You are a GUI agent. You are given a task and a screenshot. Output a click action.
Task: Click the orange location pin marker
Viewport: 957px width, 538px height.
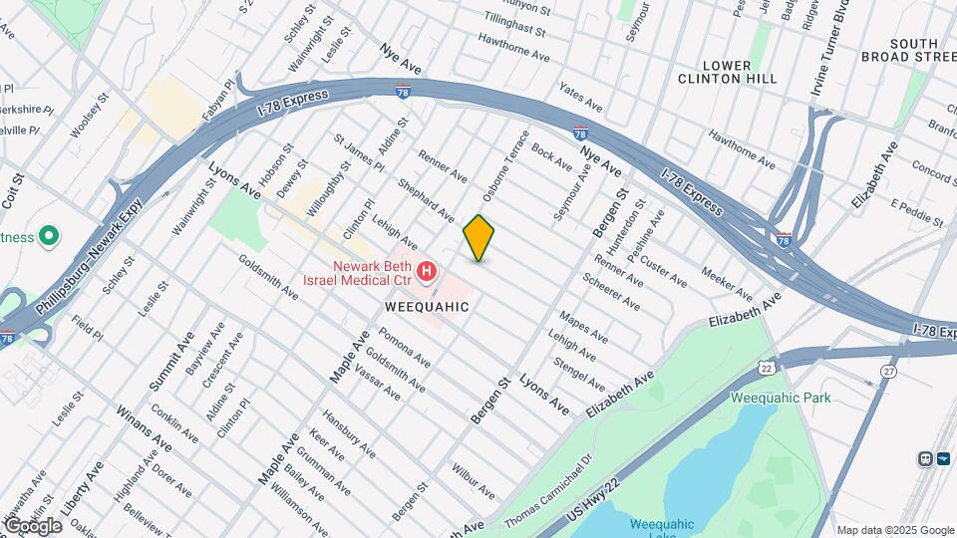coord(478,238)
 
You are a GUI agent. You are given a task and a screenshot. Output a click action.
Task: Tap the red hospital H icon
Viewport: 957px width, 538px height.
coord(427,270)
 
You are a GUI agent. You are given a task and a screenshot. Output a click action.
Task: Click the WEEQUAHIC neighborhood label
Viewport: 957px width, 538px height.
coord(427,308)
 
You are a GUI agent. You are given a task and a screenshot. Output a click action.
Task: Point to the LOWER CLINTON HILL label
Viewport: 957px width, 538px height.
coord(728,72)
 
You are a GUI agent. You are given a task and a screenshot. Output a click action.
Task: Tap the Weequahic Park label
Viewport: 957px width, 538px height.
coord(781,398)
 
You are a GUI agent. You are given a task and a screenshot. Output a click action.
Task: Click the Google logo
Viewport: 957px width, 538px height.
coord(32,525)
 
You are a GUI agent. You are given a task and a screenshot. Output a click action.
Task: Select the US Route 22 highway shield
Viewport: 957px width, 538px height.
coord(766,368)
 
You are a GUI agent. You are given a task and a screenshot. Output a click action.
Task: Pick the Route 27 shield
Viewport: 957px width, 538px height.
coord(888,371)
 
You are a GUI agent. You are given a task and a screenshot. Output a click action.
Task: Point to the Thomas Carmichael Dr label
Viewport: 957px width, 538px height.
coord(547,491)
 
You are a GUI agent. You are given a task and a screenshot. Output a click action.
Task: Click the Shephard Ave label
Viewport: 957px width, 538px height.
coord(426,200)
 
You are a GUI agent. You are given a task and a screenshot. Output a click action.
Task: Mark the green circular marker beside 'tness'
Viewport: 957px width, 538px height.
coord(48,237)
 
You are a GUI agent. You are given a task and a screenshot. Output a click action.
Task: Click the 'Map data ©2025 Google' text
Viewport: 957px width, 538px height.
coord(894,530)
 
